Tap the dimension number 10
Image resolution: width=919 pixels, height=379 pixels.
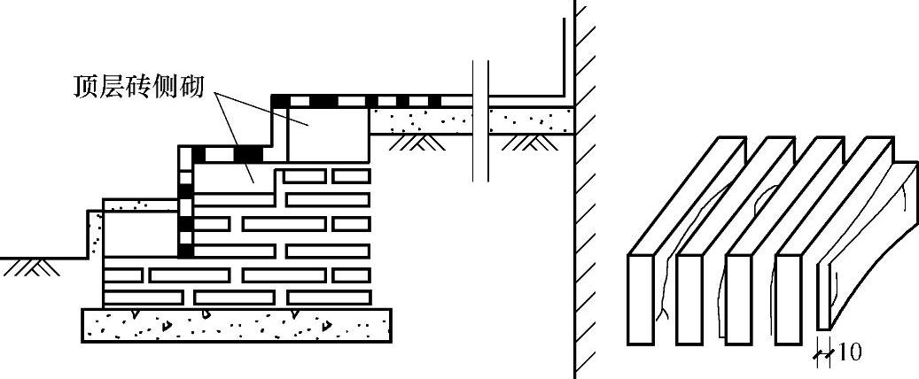point(849,352)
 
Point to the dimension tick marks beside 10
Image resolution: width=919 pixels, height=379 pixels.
point(823,354)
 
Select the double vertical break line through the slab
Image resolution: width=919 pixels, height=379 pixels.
point(480,120)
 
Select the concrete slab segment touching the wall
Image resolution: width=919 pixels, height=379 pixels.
point(532,120)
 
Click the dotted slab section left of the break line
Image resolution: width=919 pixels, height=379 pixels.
point(421,120)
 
